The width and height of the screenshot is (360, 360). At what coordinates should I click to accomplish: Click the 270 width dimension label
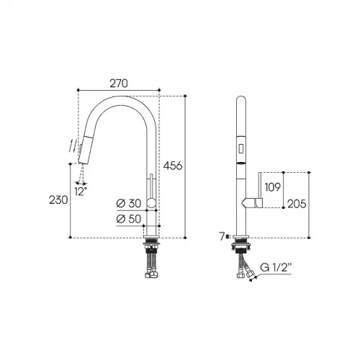pos(119,84)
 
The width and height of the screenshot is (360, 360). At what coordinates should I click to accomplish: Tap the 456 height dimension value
pos(173,166)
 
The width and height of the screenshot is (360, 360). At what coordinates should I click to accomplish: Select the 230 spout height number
pos(58,199)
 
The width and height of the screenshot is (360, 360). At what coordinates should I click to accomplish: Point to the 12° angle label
pos(81,192)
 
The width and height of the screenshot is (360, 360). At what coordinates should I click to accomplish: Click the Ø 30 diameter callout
pos(128,204)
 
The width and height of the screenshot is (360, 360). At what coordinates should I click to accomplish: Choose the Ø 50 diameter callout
pos(128,219)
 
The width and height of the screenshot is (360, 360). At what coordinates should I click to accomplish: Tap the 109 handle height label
pos(272,187)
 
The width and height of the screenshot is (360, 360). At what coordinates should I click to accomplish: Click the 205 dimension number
pos(297,204)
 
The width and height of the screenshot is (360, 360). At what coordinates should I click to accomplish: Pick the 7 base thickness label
pos(222,237)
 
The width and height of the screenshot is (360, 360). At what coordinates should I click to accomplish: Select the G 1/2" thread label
pos(276,267)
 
